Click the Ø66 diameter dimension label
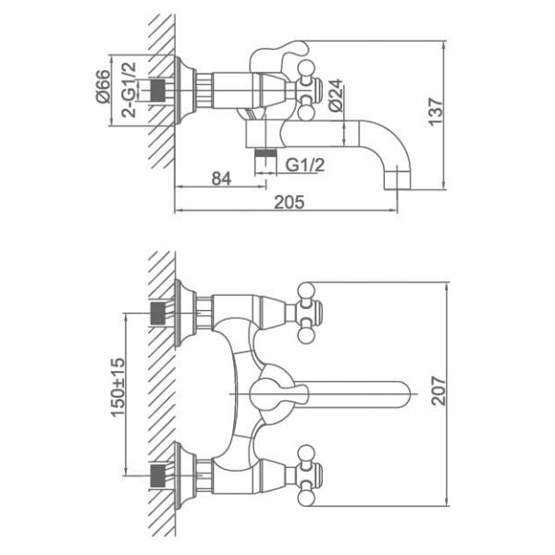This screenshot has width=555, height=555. tap(104, 86)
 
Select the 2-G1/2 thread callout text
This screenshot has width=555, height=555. tap(129, 90)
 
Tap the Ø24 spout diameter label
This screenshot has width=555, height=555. tap(336, 95)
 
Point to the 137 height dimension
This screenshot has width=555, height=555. tap(436, 112)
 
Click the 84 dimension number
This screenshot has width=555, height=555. tap(221, 179)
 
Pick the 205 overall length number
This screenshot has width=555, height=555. tap(290, 202)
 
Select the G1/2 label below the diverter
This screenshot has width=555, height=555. tap(304, 165)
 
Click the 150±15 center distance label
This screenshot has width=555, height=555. tap(118, 388)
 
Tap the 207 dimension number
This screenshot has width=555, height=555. tap(439, 390)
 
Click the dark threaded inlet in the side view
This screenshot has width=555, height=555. tap(158, 90)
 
